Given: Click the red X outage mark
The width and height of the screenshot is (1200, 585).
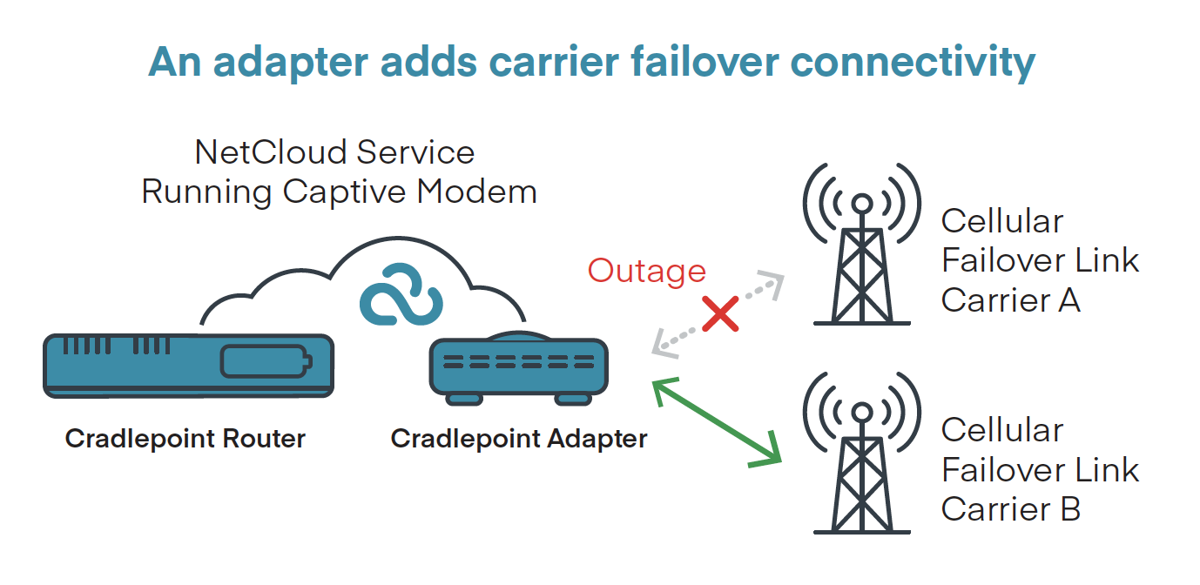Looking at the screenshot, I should (x=720, y=313).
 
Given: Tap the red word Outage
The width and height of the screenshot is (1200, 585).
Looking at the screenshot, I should (x=646, y=271).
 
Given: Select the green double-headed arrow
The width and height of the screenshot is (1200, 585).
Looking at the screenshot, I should (x=717, y=422).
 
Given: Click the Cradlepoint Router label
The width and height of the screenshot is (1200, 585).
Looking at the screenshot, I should (x=185, y=438).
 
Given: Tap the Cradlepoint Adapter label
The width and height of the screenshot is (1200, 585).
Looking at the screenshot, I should (x=519, y=438).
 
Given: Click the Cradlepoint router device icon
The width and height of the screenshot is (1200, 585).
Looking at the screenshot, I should (x=189, y=366).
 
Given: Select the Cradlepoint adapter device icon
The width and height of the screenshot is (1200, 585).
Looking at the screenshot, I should (x=519, y=369).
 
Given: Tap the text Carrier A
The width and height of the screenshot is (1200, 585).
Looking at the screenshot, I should (x=1010, y=300).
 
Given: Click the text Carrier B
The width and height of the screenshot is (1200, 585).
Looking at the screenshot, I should (x=1010, y=508).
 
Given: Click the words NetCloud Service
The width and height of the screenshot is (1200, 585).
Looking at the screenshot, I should (x=335, y=152).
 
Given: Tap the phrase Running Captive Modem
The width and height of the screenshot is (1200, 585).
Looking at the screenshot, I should (x=339, y=192).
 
